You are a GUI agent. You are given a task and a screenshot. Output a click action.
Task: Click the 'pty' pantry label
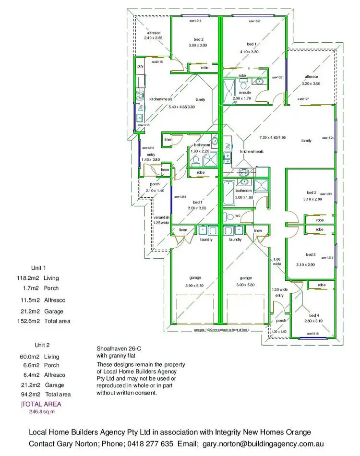tap(141, 66)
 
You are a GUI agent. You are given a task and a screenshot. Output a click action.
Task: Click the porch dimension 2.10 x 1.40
tap(155, 191)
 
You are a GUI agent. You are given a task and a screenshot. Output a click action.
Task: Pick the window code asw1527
tap(254, 22)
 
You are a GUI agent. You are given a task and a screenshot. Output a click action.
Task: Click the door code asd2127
tap(303, 99)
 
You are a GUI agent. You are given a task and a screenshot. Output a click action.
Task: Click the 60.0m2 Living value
tap(28, 357)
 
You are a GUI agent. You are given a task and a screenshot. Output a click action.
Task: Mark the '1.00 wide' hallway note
tap(277, 261)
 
